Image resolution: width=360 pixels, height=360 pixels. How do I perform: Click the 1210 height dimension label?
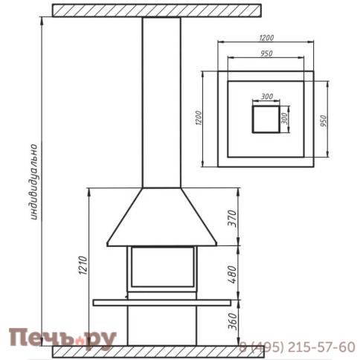[83, 266]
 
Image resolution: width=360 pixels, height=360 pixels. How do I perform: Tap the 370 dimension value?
[233, 219]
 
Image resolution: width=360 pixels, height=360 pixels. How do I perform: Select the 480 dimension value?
[233, 274]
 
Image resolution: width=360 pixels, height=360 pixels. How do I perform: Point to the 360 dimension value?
[233, 321]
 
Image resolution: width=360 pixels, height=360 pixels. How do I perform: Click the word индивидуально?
[33, 182]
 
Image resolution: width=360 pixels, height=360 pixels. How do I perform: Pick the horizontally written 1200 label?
[266, 38]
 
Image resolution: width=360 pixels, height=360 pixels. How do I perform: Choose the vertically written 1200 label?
[199, 118]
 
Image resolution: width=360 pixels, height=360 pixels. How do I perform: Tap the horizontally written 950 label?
[266, 54]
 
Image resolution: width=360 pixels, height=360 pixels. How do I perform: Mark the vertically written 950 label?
[324, 121]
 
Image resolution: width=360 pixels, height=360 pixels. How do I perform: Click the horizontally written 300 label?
[267, 97]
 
